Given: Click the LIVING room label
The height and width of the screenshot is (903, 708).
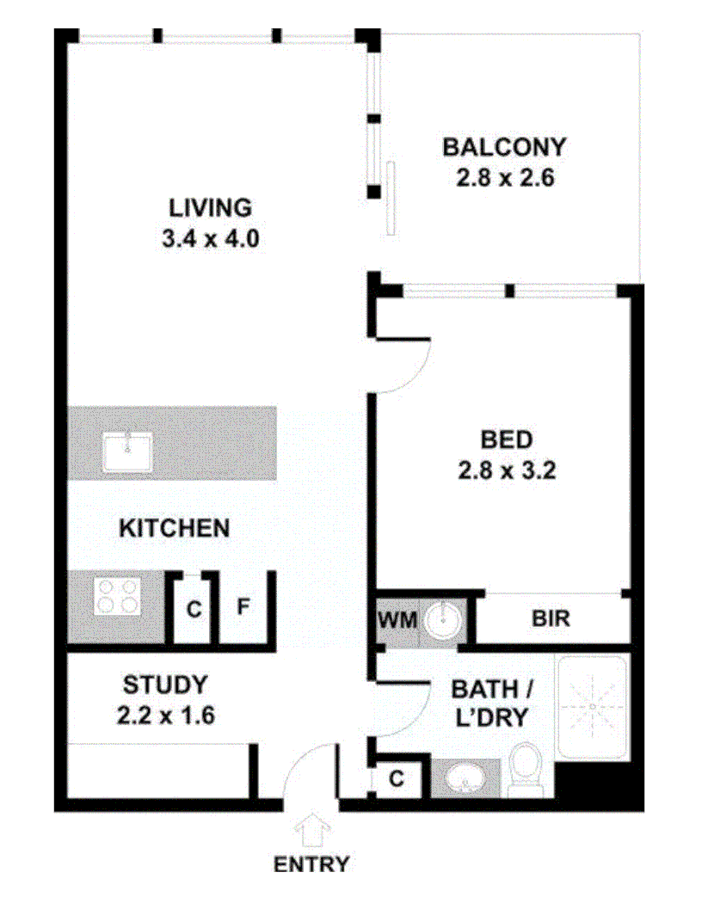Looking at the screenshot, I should [x=210, y=207].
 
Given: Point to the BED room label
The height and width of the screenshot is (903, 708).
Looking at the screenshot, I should [x=506, y=440].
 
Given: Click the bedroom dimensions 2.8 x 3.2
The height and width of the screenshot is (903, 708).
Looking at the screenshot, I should [x=506, y=471].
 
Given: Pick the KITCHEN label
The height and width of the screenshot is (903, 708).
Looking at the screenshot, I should [x=174, y=527].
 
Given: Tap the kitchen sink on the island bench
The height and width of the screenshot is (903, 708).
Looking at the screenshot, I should [x=128, y=451].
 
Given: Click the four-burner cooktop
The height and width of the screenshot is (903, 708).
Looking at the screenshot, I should [x=117, y=595].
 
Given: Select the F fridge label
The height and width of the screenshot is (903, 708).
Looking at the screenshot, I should [x=243, y=608].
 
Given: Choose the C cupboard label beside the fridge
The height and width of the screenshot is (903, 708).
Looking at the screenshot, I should [x=194, y=610].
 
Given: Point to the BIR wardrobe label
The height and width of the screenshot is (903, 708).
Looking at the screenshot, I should [x=551, y=618].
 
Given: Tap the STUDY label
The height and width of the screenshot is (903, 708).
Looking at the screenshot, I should [x=165, y=685].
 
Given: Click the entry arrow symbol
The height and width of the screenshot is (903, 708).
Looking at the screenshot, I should [x=311, y=832].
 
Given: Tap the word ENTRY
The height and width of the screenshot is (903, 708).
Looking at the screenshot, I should [x=311, y=864].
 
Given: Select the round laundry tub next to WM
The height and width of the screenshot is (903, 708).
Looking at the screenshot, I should [x=444, y=618].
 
